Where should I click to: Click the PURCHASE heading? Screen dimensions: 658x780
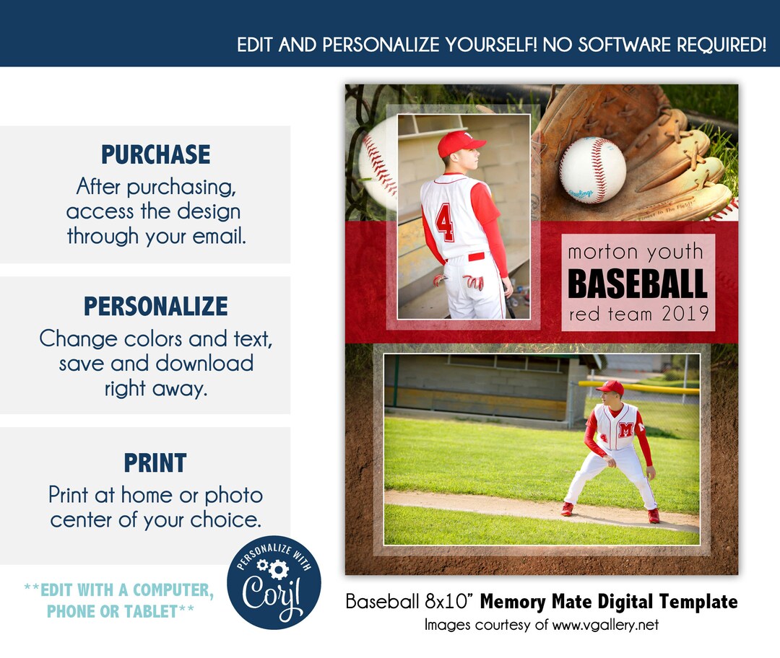pyautogui.click(x=155, y=154)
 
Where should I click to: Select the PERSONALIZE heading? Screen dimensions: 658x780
pyautogui.click(x=155, y=306)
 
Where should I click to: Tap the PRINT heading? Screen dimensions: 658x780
pyautogui.click(x=155, y=462)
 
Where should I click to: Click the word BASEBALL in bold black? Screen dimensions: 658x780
pyautogui.click(x=637, y=284)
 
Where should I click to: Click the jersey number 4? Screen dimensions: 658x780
pyautogui.click(x=445, y=222)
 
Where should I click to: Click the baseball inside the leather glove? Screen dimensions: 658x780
pyautogui.click(x=592, y=170)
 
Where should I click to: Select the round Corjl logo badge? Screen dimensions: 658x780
pyautogui.click(x=274, y=582)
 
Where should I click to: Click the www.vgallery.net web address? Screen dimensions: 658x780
pyautogui.click(x=604, y=625)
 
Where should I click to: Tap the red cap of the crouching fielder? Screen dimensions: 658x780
pyautogui.click(x=611, y=387)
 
